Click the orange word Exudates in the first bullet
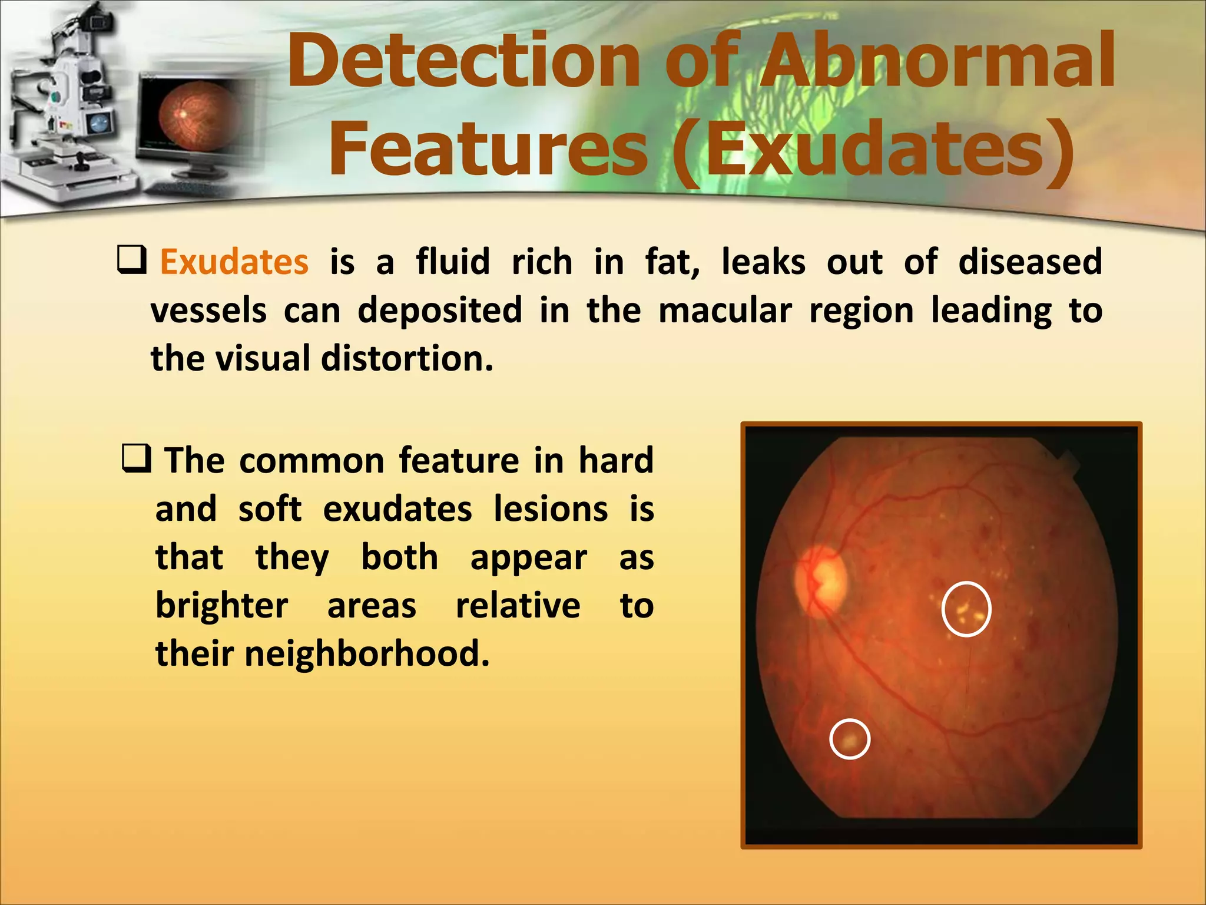pos(234,262)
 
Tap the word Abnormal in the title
pos(936,62)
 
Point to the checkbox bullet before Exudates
pos(131,260)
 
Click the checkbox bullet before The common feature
pos(137,458)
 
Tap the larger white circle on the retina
pos(966,609)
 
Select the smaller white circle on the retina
pos(850,739)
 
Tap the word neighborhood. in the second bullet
pos(366,654)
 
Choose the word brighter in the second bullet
pos(221,606)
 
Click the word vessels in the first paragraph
pos(209,311)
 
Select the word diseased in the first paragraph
pos(1030,262)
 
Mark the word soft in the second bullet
pos(270,509)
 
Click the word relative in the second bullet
pos(518,606)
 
